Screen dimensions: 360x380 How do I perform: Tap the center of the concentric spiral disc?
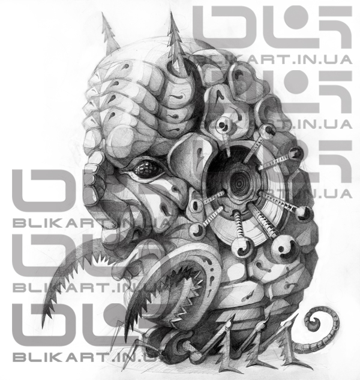click(239, 183)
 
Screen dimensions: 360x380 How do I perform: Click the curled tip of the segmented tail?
click(314, 322)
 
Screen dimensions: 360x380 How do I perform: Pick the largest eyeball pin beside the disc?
click(283, 248)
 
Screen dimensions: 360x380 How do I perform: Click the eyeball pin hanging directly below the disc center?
click(242, 246)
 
